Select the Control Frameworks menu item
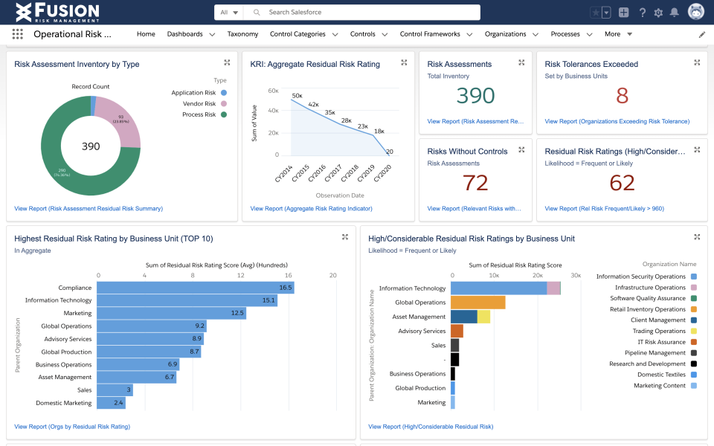click(x=430, y=34)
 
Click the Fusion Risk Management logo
click(x=57, y=12)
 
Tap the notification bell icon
click(x=675, y=13)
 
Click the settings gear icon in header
click(x=658, y=13)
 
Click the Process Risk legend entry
click(x=199, y=114)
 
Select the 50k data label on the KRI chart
click(x=297, y=95)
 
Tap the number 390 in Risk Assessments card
click(x=475, y=96)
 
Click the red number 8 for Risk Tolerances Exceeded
click(x=622, y=96)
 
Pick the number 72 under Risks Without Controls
click(x=475, y=183)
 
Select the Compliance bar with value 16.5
click(x=195, y=288)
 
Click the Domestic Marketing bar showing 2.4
click(x=111, y=403)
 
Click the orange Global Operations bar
click(x=477, y=303)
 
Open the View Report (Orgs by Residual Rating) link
click(x=72, y=427)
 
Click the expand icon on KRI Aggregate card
click(x=404, y=63)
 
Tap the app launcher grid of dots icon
click(x=18, y=34)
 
